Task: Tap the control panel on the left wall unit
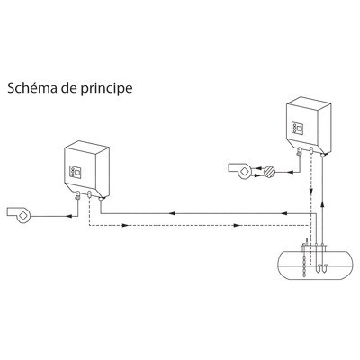pyautogui.click(x=76, y=172)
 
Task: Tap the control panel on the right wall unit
pyautogui.click(x=299, y=129)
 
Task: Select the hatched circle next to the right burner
pyautogui.click(x=269, y=172)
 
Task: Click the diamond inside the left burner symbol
pyautogui.click(x=23, y=215)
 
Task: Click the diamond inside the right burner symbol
pyautogui.click(x=245, y=171)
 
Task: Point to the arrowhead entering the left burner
pyautogui.click(x=68, y=216)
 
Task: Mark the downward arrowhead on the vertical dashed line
pyautogui.click(x=311, y=191)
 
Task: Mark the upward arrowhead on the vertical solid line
pyautogui.click(x=322, y=205)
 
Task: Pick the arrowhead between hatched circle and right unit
pyautogui.click(x=290, y=172)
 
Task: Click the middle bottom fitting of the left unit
pyautogui.click(x=89, y=195)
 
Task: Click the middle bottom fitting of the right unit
pyautogui.click(x=311, y=151)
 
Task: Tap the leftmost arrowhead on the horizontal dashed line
pyautogui.click(x=125, y=225)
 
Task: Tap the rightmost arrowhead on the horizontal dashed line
pyautogui.click(x=238, y=225)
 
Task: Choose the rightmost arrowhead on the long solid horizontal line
pyautogui.click(x=284, y=213)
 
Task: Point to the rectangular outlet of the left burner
pyautogui.click(x=12, y=211)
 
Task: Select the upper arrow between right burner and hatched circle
pyautogui.click(x=256, y=168)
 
